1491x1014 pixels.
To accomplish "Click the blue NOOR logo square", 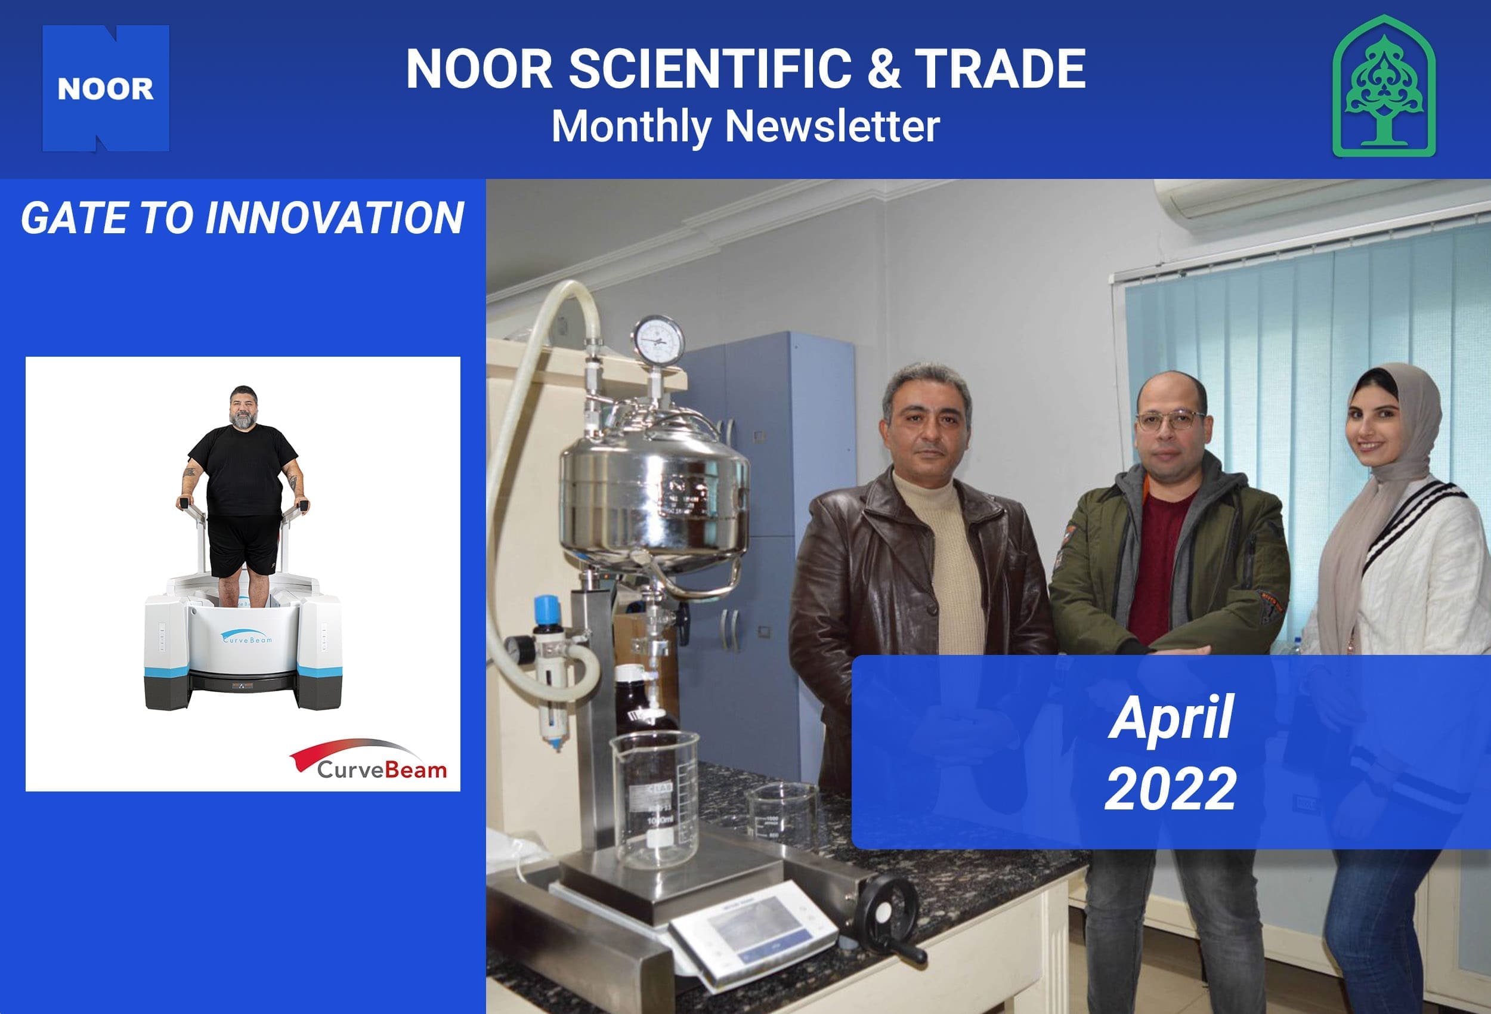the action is [106, 88].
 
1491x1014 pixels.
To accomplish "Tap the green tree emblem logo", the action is [1384, 86].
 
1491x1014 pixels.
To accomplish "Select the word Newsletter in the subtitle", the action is [832, 126].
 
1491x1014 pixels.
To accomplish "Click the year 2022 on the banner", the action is [1170, 788].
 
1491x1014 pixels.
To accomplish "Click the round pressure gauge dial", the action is [658, 339].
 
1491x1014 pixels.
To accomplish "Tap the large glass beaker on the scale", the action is [654, 799].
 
